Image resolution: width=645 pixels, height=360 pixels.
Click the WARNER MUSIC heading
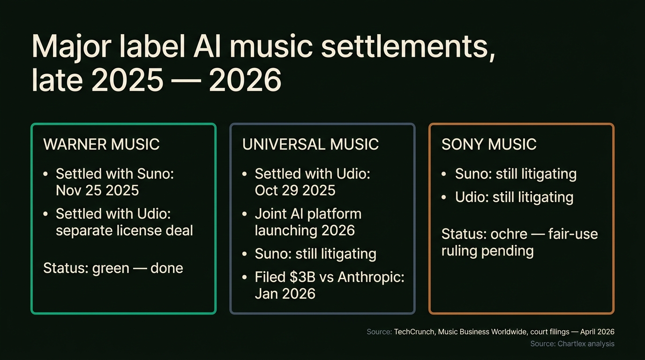click(101, 144)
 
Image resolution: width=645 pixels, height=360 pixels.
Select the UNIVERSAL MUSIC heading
click(310, 144)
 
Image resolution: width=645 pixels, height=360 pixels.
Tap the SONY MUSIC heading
click(489, 144)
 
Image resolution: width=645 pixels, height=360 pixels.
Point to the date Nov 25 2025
click(97, 190)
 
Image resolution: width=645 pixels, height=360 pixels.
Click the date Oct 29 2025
click(295, 190)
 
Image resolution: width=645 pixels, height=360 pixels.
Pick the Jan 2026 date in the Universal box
click(285, 294)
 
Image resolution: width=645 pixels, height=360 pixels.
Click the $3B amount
click(300, 277)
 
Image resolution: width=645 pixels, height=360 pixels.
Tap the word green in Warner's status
click(111, 268)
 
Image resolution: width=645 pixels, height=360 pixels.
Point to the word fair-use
click(573, 234)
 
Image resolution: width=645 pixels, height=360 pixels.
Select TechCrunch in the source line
click(413, 332)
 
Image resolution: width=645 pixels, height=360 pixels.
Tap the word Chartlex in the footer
click(572, 344)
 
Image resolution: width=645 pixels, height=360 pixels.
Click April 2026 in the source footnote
click(597, 332)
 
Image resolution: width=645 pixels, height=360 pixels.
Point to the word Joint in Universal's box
click(270, 214)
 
